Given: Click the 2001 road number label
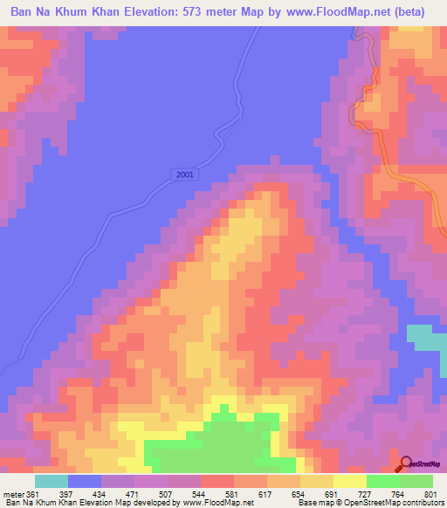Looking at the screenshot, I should tap(185, 175).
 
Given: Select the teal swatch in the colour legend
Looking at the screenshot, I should tap(51, 481).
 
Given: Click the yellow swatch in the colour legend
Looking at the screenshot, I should tap(349, 481).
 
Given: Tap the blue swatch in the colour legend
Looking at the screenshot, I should tap(84, 481).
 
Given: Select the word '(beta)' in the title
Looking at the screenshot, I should tap(414, 14).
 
